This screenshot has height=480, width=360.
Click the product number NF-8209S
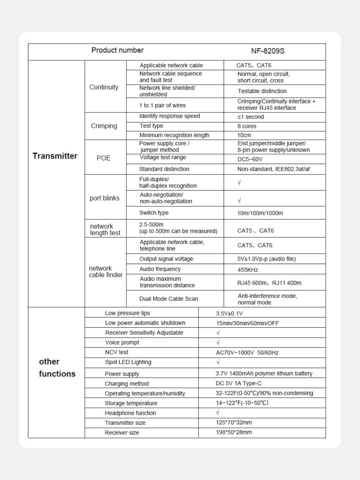tap(268, 51)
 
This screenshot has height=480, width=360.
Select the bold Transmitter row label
tap(55, 156)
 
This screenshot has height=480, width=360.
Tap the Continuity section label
tap(104, 87)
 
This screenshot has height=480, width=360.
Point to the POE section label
tap(104, 158)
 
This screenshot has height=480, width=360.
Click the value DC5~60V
tap(250, 159)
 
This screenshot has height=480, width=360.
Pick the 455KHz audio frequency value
tap(248, 270)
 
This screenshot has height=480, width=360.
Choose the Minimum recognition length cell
tap(174, 135)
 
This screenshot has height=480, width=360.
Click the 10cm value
tap(244, 135)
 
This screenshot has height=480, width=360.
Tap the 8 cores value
tap(247, 126)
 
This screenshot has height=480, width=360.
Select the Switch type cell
tap(154, 213)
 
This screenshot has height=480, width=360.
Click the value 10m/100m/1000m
tap(260, 213)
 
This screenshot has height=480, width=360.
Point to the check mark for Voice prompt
tap(218, 342)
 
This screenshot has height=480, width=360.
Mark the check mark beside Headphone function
tap(218, 412)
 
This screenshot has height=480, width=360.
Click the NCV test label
tap(117, 352)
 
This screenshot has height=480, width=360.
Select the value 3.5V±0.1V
tap(230, 313)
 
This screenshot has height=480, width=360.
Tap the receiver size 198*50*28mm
tap(234, 432)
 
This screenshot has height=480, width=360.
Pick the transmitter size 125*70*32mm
tap(234, 422)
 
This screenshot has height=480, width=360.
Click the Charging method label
tap(127, 384)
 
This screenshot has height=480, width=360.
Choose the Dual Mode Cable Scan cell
tap(168, 299)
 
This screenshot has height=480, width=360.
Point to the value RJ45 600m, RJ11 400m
tap(269, 283)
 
